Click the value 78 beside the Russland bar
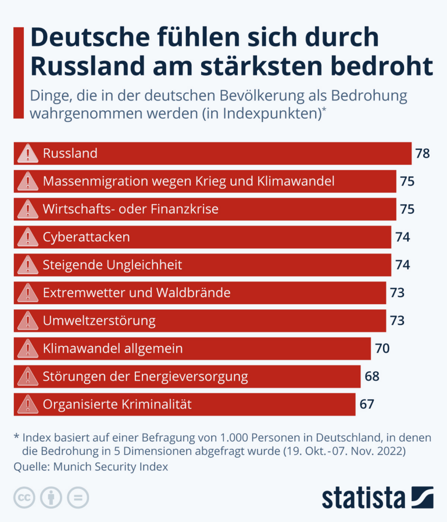(423, 153)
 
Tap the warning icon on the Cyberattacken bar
(27, 237)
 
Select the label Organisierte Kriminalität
(117, 404)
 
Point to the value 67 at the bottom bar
(367, 404)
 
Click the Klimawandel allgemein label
(113, 349)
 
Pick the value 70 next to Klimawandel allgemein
(382, 349)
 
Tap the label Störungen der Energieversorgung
(145, 377)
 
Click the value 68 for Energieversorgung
(372, 377)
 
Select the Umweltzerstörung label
(99, 321)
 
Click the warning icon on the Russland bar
(27, 153)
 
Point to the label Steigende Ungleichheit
(113, 265)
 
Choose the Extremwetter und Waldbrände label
(136, 293)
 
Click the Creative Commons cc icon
(24, 498)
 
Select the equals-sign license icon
(78, 498)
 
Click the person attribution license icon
(51, 498)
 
